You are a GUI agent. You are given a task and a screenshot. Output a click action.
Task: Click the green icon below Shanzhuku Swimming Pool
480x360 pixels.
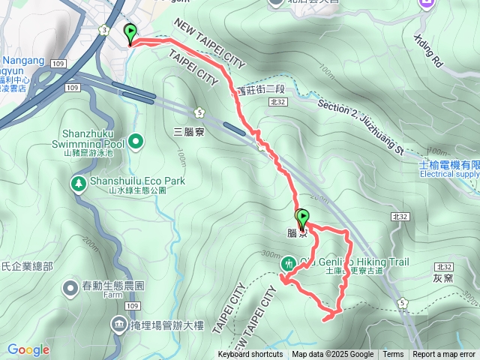135,139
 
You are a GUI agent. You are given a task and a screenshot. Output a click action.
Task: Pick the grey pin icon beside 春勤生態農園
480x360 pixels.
70,287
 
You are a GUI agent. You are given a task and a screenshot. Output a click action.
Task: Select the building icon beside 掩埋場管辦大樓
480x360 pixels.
119,324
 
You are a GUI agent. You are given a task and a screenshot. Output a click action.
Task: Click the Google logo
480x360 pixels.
28,349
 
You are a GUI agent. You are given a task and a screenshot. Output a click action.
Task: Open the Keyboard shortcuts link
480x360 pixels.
250,355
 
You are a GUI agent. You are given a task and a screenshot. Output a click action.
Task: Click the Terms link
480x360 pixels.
393,355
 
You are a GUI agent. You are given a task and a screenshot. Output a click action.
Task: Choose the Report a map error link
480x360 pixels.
445,355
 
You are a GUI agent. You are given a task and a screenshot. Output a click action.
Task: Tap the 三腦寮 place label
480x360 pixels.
187,130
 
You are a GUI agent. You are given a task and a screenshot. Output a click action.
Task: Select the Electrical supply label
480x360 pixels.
449,174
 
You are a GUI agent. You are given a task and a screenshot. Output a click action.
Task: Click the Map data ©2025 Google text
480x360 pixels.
332,355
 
